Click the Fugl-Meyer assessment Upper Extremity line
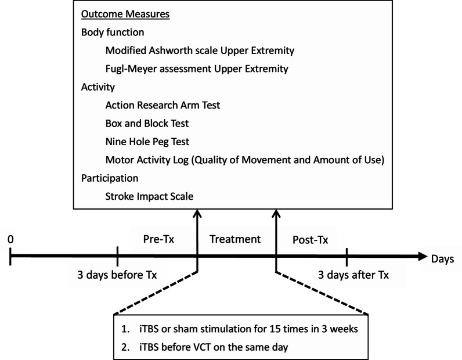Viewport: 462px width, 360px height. point(197,69)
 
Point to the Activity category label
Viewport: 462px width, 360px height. point(99,87)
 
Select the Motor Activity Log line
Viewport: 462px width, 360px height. point(244,160)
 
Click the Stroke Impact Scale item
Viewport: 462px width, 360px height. point(149,196)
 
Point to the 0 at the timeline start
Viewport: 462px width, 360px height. point(10,239)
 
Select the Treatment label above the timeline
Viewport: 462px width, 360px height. point(235,239)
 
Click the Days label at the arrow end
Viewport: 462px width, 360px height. point(442,257)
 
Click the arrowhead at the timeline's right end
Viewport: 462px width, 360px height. point(420,255)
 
